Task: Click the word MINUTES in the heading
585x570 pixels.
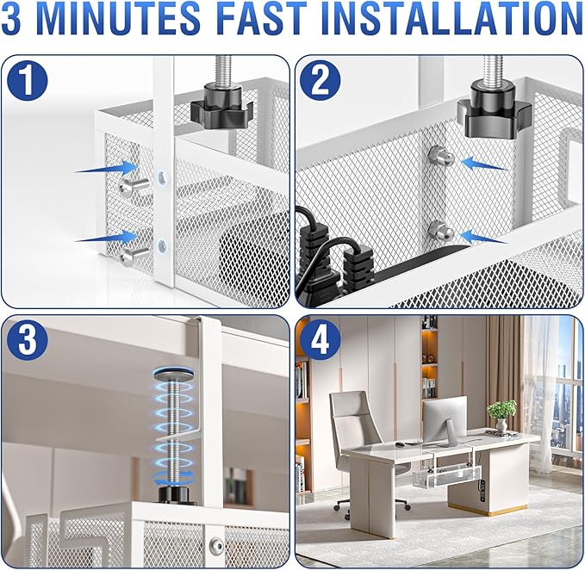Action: coord(119,17)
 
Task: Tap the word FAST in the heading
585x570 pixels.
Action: coord(259,17)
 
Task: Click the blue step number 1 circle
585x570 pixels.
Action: coord(28,81)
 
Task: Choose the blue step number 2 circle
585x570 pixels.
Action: coord(321,81)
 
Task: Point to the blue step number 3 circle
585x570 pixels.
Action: coord(28,341)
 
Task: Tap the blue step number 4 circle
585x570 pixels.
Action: coord(321,341)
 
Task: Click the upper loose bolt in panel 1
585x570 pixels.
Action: coord(134,184)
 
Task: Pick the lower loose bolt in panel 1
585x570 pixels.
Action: coord(134,257)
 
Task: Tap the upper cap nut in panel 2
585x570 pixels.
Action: coord(440,156)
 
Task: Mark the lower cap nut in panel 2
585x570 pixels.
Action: coord(441,232)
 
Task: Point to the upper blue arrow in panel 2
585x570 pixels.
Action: coord(484,164)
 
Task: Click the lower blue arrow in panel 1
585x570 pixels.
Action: coord(106,236)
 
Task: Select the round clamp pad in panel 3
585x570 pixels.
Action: coord(173,374)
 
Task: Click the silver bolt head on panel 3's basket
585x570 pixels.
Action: coord(216,547)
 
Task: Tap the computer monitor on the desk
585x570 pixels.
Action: coord(445,419)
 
